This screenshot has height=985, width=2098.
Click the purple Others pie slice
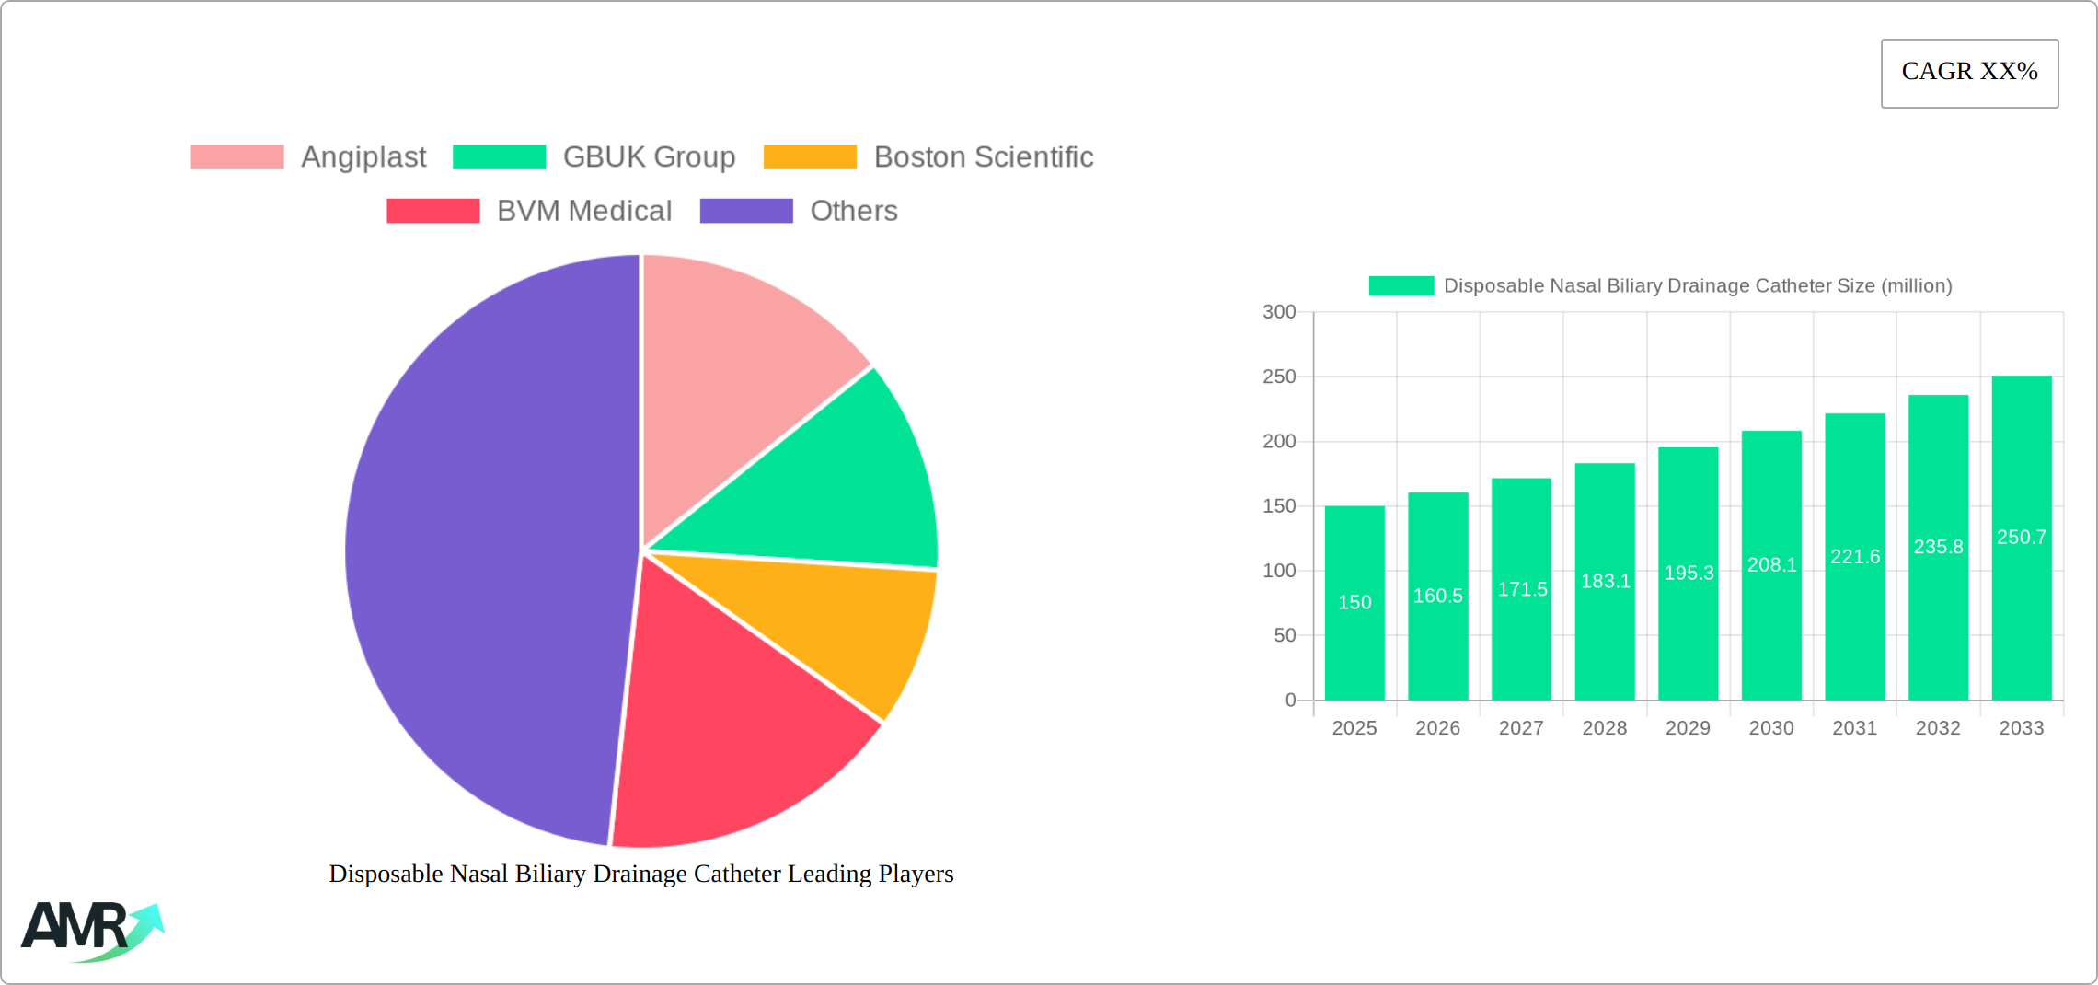coord(478,552)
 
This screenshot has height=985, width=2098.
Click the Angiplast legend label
coord(363,157)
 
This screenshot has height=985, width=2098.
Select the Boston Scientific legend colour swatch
coord(810,157)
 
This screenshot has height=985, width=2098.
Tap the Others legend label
coord(853,211)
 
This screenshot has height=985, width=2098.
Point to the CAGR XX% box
coord(1969,73)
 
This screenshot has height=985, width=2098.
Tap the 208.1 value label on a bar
coord(1771,565)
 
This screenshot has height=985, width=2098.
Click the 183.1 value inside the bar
coord(1605,581)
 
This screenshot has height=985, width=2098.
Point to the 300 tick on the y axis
coord(1279,312)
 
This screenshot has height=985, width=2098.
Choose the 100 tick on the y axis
coord(1279,571)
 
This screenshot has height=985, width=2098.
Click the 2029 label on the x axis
coord(1688,728)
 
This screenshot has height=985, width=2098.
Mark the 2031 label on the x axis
coord(1854,728)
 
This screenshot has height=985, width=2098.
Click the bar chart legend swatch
coord(1401,286)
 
